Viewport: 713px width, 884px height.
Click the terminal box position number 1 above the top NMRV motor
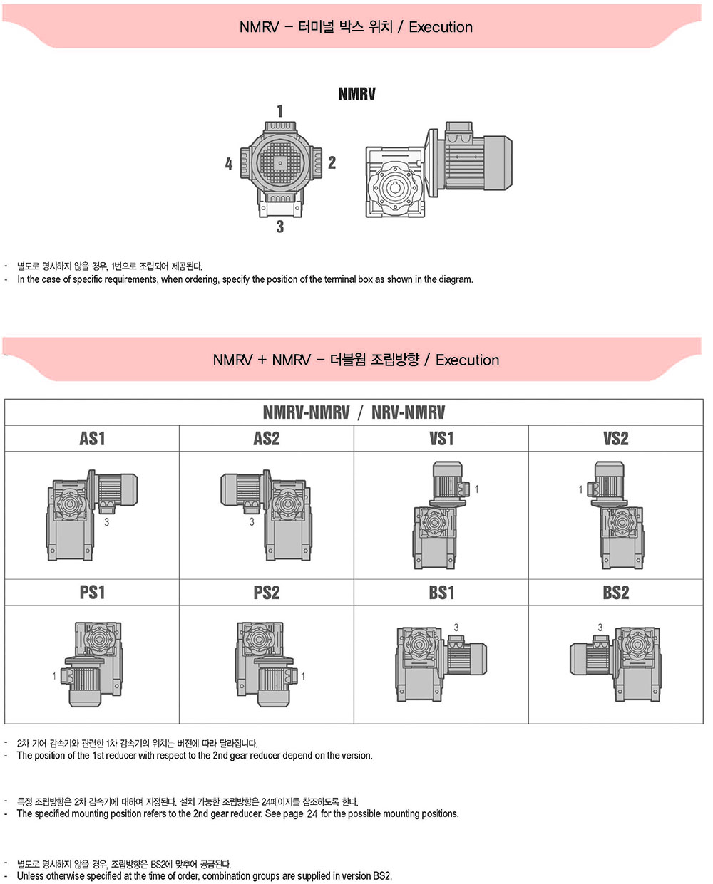click(280, 111)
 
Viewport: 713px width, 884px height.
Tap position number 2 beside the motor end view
click(332, 162)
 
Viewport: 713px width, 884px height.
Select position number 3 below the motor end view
click(280, 227)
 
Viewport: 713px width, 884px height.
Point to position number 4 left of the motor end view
click(229, 164)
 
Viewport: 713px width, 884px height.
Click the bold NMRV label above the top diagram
click(356, 93)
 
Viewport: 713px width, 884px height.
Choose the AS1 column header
click(92, 438)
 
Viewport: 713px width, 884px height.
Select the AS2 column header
click(267, 438)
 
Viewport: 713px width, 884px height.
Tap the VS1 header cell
click(441, 438)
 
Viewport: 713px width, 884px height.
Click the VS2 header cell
click(615, 438)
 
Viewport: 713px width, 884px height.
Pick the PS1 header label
click(92, 593)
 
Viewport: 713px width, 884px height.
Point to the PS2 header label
click(267, 593)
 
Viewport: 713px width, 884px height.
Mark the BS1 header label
click(441, 593)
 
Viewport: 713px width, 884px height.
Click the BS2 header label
click(615, 593)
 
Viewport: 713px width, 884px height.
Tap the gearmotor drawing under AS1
click(92, 515)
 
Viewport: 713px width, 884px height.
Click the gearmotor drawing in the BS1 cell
click(441, 664)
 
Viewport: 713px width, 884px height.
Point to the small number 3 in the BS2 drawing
click(600, 628)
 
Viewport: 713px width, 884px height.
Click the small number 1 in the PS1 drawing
click(54, 676)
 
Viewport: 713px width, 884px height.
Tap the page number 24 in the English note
click(312, 813)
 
